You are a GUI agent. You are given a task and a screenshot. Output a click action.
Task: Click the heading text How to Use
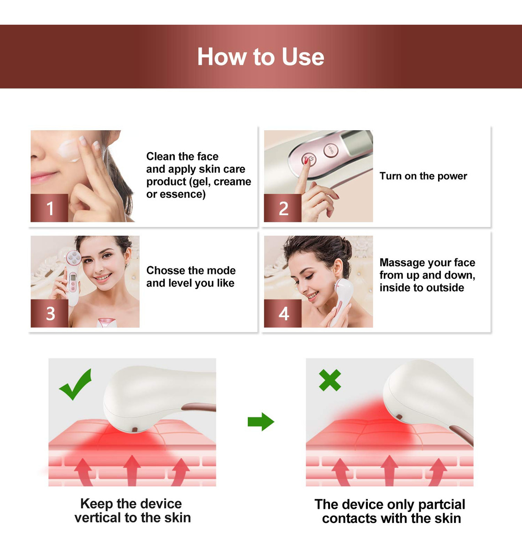[x=261, y=57]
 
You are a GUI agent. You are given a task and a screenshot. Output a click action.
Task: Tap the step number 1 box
[x=49, y=208]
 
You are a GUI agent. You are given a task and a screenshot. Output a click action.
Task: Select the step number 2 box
[x=283, y=208]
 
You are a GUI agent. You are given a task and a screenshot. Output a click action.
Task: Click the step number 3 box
[x=49, y=313]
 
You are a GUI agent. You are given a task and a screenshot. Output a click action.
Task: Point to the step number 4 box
[x=283, y=313]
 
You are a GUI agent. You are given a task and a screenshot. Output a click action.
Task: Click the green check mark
[x=75, y=384]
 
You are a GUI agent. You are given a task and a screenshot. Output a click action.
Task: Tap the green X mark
[x=330, y=380]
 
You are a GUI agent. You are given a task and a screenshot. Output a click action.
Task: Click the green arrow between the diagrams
[x=261, y=422]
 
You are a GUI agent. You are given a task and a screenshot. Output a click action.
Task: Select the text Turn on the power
[x=423, y=176]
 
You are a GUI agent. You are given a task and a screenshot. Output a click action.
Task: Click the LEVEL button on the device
[x=331, y=150]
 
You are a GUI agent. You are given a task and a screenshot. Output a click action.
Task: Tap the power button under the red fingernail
[x=309, y=160]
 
